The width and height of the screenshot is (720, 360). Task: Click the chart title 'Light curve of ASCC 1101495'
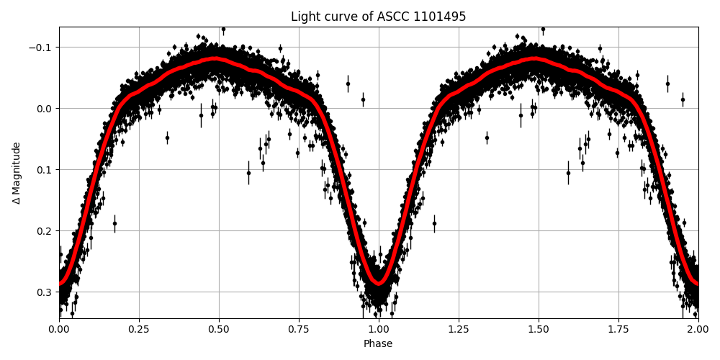(x=378, y=17)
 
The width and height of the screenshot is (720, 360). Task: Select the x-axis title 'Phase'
(x=378, y=344)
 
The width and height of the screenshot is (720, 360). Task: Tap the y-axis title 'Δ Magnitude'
(x=17, y=173)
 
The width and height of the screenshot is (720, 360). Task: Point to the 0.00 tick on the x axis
(x=59, y=329)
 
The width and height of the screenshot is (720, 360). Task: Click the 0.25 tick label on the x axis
(x=139, y=329)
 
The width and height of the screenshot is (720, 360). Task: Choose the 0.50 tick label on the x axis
(x=219, y=329)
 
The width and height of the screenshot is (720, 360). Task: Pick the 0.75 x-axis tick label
(x=299, y=329)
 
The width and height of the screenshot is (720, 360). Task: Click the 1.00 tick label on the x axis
(x=379, y=329)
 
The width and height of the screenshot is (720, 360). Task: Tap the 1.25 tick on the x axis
(x=459, y=329)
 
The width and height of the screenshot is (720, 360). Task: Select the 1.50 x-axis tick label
(x=539, y=329)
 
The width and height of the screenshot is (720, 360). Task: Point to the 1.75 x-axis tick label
(x=618, y=329)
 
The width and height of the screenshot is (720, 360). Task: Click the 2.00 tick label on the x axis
(x=698, y=329)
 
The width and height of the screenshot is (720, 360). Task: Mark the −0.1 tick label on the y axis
(x=41, y=48)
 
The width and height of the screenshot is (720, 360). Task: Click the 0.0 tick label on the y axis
(x=45, y=109)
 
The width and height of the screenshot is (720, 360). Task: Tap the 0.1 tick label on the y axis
(x=45, y=170)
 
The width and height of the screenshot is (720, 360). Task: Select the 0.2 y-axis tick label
(x=45, y=231)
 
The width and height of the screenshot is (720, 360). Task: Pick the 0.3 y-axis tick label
(x=45, y=292)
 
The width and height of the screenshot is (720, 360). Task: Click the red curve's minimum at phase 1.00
(x=379, y=282)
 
